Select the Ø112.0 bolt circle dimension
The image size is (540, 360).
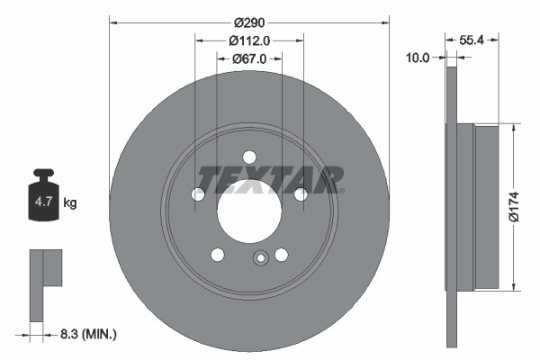click(x=249, y=40)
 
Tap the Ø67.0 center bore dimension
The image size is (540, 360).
click(x=249, y=59)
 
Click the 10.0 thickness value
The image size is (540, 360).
click(x=418, y=56)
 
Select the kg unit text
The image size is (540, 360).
click(x=70, y=203)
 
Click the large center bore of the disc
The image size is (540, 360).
click(x=249, y=211)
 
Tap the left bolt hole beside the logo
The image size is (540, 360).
click(x=198, y=193)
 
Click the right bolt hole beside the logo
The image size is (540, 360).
click(x=301, y=193)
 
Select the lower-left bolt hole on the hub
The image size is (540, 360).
click(x=217, y=255)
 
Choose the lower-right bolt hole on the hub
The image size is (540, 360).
click(x=281, y=255)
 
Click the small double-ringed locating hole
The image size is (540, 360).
click(x=261, y=259)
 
